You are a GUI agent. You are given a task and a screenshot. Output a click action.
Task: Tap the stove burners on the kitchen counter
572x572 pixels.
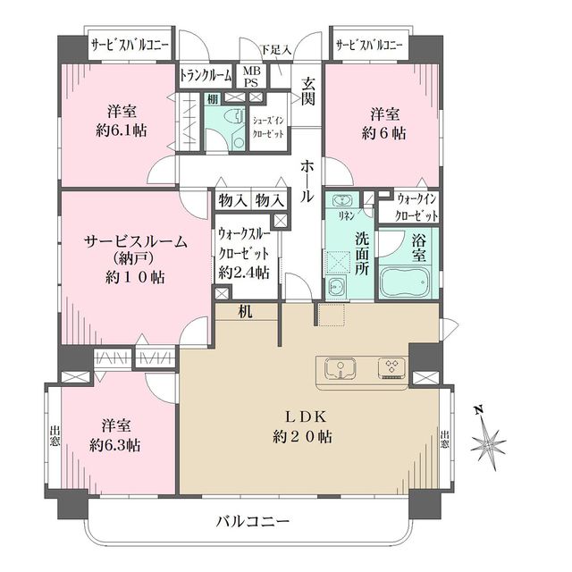tap(391, 367)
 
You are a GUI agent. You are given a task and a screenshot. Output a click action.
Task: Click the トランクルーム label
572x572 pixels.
tap(206, 76)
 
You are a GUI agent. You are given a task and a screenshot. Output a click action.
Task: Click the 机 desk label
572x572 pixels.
tap(245, 312)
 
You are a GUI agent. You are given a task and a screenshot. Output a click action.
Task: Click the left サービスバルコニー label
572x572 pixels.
tap(130, 45)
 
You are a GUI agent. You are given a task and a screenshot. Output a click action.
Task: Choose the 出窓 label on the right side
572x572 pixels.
tap(445, 441)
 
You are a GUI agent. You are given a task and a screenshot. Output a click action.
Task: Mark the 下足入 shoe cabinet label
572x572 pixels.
tap(276, 50)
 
